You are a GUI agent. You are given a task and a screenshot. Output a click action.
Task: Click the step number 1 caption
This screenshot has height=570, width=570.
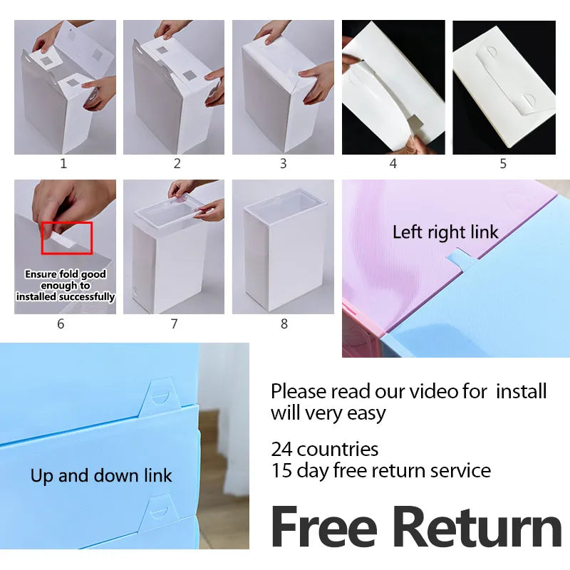pyautogui.click(x=63, y=164)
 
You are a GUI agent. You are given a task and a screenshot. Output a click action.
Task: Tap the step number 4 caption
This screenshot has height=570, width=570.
pyautogui.click(x=393, y=164)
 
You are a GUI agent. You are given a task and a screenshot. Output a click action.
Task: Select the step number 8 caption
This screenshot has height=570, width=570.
pyautogui.click(x=284, y=323)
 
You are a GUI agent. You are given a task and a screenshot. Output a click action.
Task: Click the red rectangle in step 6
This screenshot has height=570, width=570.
pyautogui.click(x=67, y=238)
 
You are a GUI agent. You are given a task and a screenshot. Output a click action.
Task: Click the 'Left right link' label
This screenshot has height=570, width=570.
pyautogui.click(x=445, y=232)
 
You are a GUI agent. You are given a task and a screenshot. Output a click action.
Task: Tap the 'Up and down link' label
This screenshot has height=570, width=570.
pyautogui.click(x=101, y=476)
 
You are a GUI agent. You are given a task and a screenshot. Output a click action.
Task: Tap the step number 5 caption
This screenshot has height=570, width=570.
pyautogui.click(x=503, y=164)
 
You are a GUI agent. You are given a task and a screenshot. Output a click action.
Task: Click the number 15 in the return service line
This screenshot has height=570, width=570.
pyautogui.click(x=281, y=471)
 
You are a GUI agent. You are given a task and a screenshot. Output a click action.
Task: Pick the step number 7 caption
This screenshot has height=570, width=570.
pyautogui.click(x=174, y=323)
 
